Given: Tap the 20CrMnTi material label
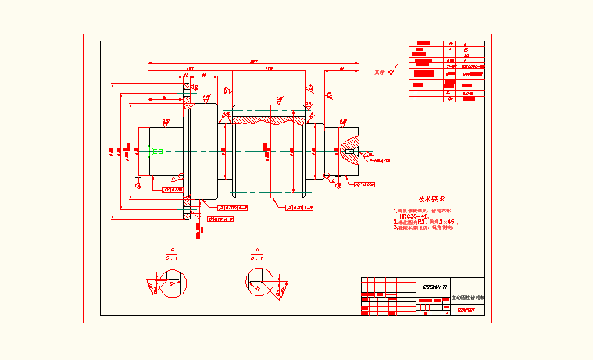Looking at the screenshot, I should [430, 287].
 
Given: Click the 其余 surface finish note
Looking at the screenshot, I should [380, 72].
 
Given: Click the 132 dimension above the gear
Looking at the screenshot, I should [269, 70].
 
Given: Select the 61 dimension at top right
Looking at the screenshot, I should [342, 70].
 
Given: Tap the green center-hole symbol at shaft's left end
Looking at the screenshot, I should [152, 151].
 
